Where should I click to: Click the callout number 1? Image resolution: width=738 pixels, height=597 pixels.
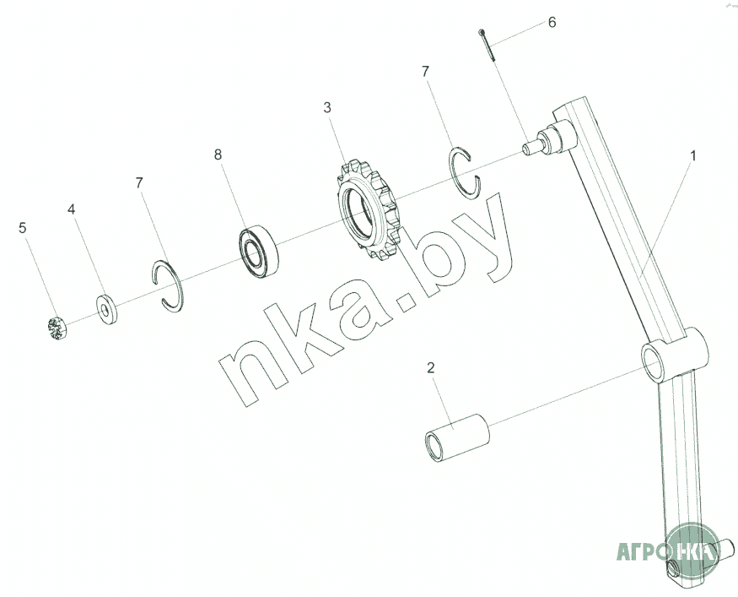[x=692, y=155]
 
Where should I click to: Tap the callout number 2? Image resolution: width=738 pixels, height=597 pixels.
[x=431, y=367]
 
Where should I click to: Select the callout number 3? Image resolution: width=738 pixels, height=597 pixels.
[x=327, y=107]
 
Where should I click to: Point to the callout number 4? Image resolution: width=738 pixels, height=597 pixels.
[x=71, y=209]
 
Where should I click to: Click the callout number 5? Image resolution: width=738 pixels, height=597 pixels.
[x=23, y=228]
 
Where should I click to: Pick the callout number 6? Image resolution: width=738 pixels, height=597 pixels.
[x=552, y=22]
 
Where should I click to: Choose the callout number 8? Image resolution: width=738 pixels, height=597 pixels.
[x=218, y=155]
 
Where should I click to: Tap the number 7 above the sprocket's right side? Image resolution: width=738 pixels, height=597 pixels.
[x=425, y=72]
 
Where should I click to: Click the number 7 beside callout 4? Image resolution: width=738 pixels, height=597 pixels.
[x=139, y=183]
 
